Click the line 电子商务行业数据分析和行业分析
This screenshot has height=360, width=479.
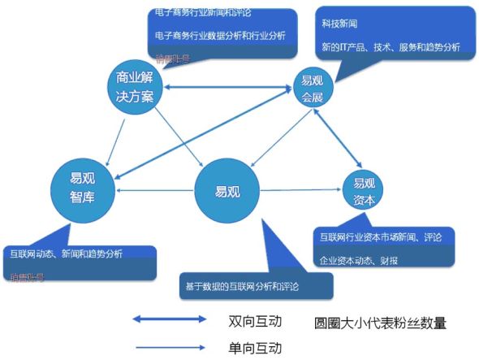(x=220, y=35)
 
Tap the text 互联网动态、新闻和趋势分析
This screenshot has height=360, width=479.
(x=63, y=254)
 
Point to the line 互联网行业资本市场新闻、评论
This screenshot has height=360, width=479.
(x=380, y=237)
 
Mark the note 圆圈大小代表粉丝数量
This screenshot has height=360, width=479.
(x=380, y=323)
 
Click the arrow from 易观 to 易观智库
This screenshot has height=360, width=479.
(x=154, y=190)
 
